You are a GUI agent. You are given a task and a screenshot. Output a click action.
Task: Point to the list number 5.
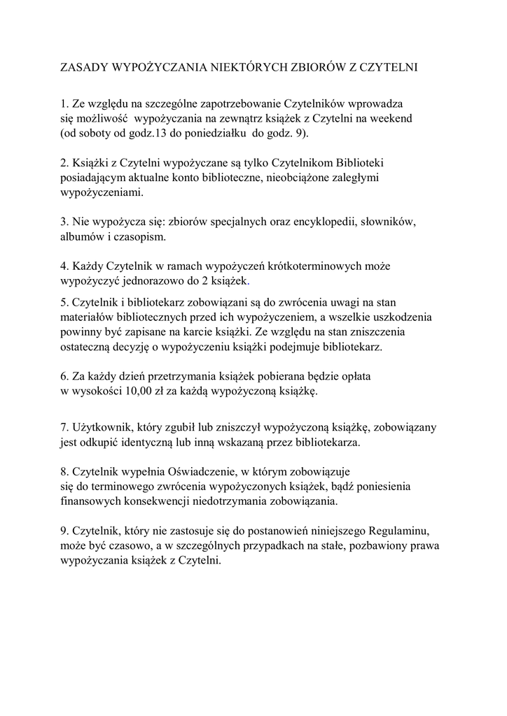tap(64, 302)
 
